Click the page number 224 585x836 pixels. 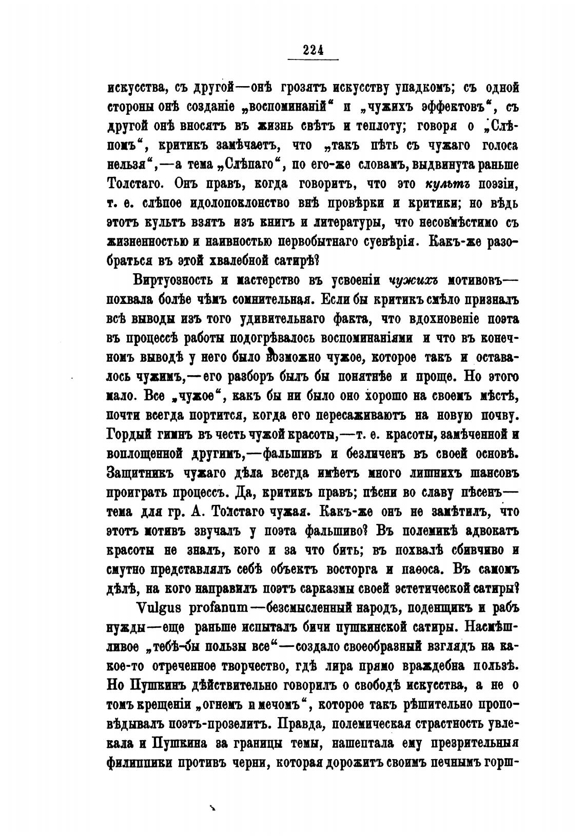coord(313,49)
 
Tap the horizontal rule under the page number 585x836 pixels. coord(313,60)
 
